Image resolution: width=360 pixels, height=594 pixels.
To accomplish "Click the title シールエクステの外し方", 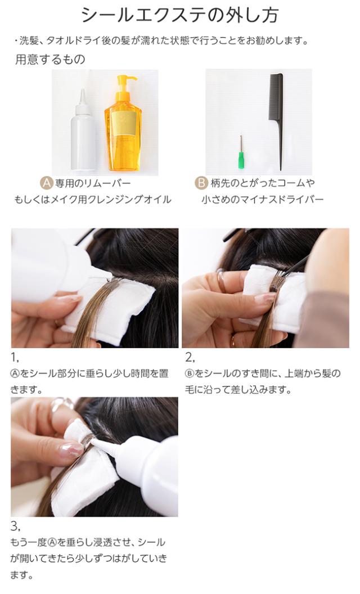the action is pyautogui.click(x=180, y=15).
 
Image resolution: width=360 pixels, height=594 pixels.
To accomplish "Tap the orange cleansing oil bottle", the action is pyautogui.click(x=123, y=125).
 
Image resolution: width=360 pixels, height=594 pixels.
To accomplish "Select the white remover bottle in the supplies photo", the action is pyautogui.click(x=83, y=130).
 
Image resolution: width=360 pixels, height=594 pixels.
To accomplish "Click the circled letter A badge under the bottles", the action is pyautogui.click(x=46, y=183).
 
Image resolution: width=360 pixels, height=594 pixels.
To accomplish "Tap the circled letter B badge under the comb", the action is pyautogui.click(x=201, y=183).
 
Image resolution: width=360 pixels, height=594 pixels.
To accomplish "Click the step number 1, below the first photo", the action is pyautogui.click(x=15, y=357).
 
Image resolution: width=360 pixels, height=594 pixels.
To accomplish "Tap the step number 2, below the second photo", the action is pyautogui.click(x=190, y=357).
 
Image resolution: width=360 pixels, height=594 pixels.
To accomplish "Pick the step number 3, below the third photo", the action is pyautogui.click(x=15, y=526).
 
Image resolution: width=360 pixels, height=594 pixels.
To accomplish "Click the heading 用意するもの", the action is pyautogui.click(x=50, y=60).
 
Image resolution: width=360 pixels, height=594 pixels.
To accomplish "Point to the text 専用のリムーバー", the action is pyautogui.click(x=93, y=184).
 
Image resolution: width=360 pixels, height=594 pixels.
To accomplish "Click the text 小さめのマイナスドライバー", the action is pyautogui.click(x=262, y=199).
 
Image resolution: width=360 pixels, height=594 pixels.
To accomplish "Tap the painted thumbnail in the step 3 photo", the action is pyautogui.click(x=71, y=449).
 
